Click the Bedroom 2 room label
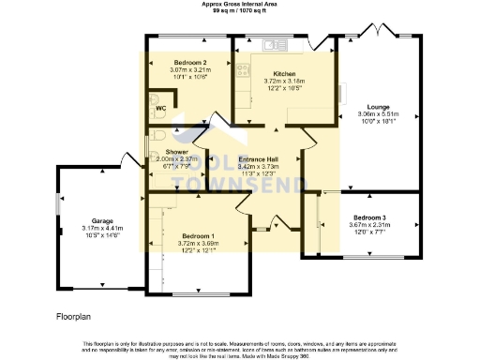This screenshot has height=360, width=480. (187, 62)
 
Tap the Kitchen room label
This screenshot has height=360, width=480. (284, 73)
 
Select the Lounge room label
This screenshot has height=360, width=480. (379, 107)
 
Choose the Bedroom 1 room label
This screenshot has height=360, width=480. (198, 235)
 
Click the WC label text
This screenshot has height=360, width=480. (160, 109)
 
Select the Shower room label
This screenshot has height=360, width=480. (177, 151)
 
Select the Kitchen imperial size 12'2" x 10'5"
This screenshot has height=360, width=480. (284, 87)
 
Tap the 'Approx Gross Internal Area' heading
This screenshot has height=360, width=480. (239, 4)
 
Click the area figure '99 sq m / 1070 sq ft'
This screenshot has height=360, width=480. (239, 10)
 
